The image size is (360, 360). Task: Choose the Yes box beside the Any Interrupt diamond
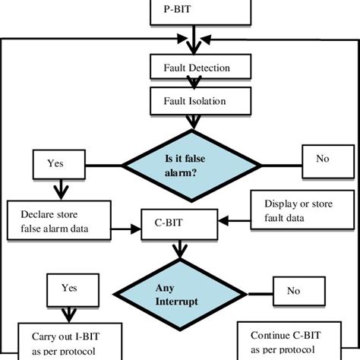click(x=69, y=289)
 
